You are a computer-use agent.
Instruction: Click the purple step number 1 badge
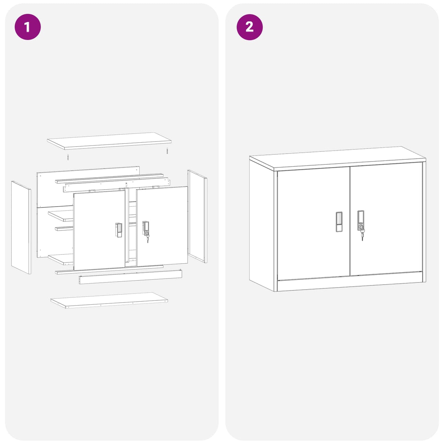pos(28,27)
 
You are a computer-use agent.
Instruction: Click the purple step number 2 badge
pos(250,27)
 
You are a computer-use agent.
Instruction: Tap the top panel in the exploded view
pos(109,141)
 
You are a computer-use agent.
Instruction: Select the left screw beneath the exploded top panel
pos(68,157)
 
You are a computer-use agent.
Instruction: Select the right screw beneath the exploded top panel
pos(167,151)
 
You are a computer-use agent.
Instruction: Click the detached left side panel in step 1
pos(21,227)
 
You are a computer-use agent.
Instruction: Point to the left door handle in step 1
pos(119,230)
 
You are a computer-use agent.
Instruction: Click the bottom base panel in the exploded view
pos(109,300)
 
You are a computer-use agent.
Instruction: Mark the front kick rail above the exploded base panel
pos(130,277)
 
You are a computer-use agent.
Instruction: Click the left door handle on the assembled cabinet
pos(339,222)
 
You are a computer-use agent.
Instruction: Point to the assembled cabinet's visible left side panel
pos(261,224)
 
